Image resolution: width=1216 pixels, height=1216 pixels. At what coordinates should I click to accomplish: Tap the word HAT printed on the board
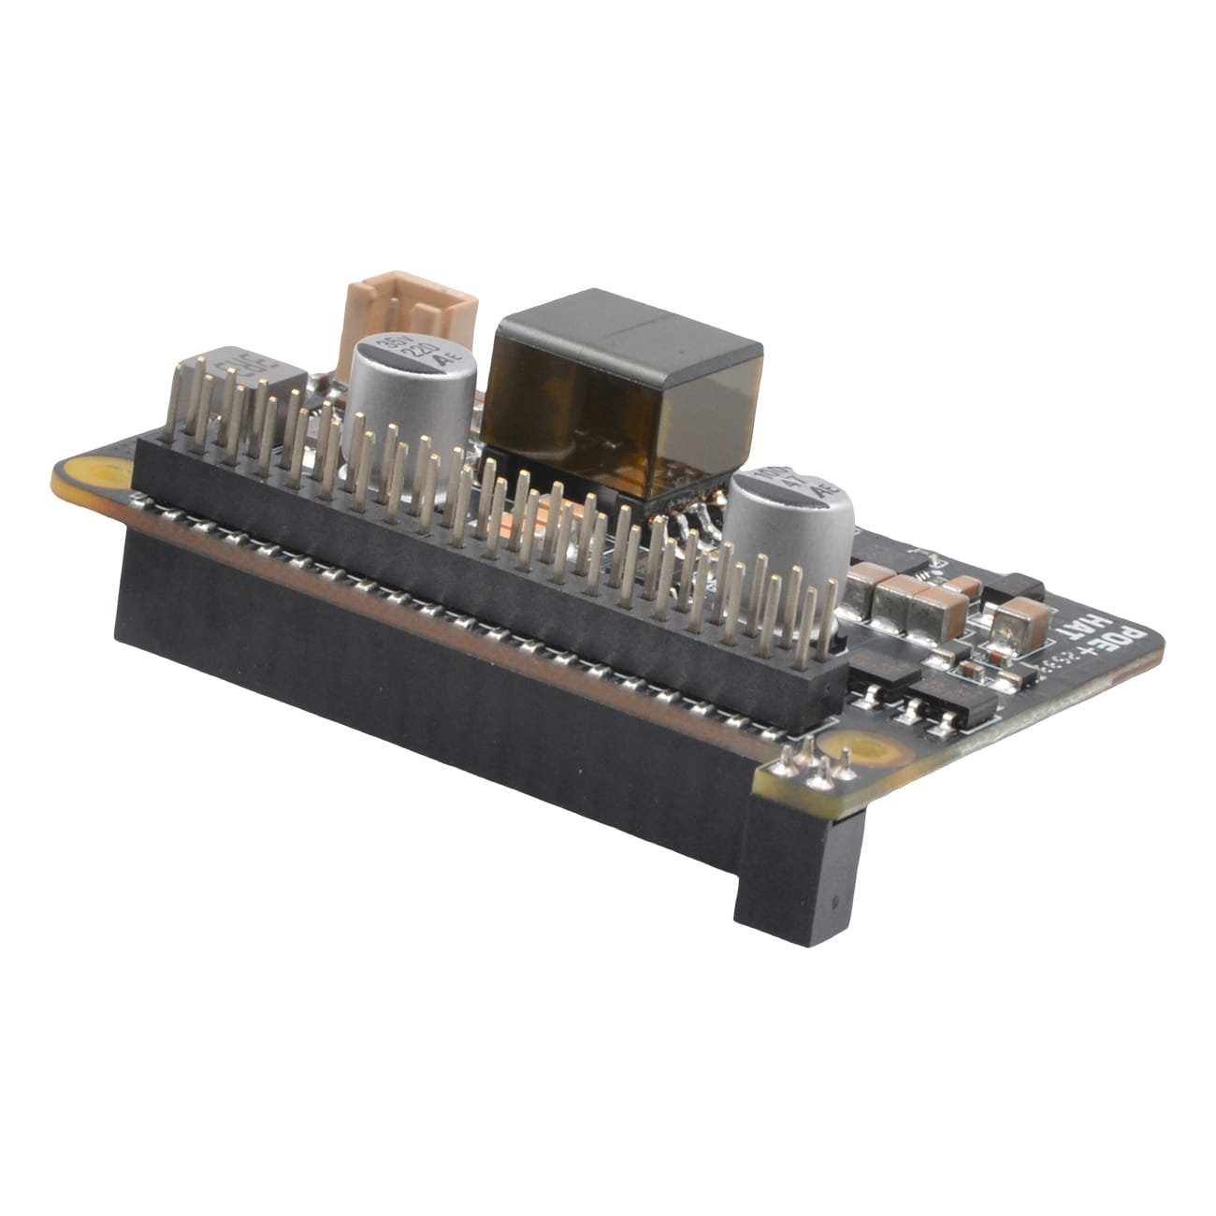tap(1076, 645)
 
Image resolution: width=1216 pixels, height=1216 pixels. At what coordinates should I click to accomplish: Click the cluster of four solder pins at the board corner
tap(814, 762)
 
